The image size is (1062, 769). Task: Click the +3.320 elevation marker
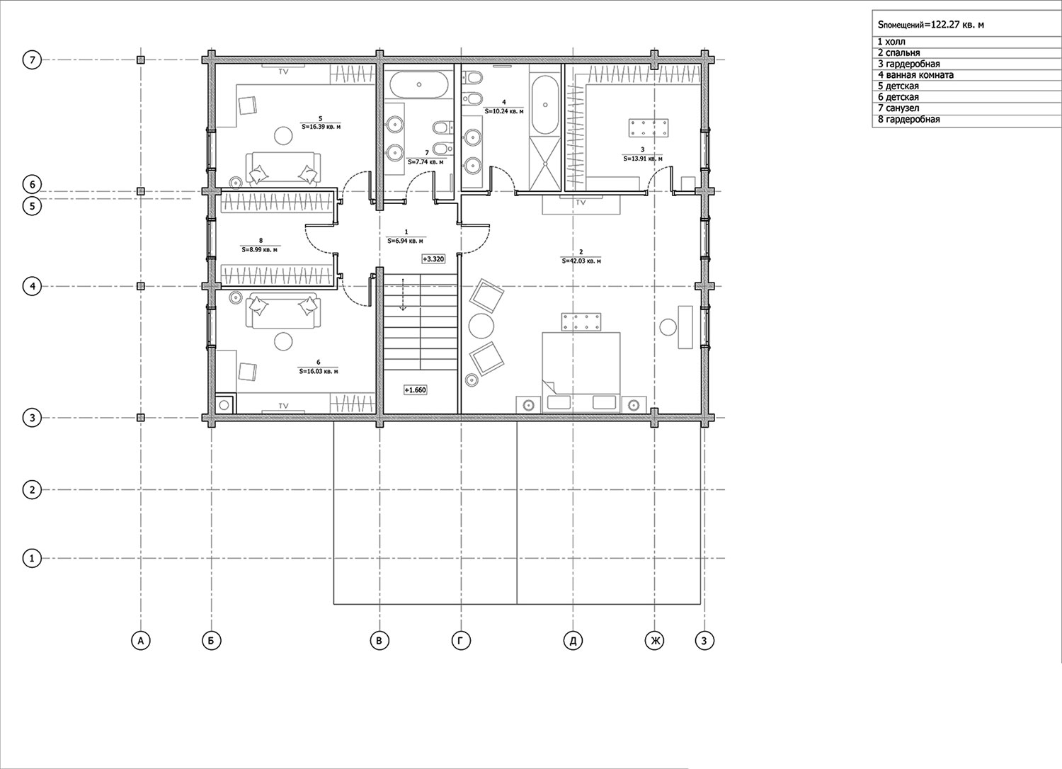coord(433,259)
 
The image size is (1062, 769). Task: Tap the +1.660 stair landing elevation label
coord(416,390)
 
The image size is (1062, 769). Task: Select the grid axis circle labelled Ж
coord(655,642)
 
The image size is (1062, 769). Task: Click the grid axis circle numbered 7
coord(33,60)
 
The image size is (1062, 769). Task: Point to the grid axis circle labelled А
coord(141,642)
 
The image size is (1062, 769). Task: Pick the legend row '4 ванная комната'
coord(915,75)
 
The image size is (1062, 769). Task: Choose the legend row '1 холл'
coord(891,42)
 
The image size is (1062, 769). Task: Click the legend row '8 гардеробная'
coord(909,120)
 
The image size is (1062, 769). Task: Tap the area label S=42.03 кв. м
coord(581,261)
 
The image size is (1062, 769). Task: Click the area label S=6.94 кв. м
coord(406,241)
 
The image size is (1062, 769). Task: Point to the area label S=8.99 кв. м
coord(260,250)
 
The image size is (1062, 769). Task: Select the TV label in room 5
coord(283,72)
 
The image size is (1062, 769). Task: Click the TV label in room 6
coord(283,406)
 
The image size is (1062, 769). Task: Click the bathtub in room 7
coord(418,85)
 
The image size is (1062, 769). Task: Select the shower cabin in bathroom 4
coord(544,163)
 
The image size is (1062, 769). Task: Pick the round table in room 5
coord(283,135)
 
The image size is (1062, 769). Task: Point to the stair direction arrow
coord(403,295)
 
